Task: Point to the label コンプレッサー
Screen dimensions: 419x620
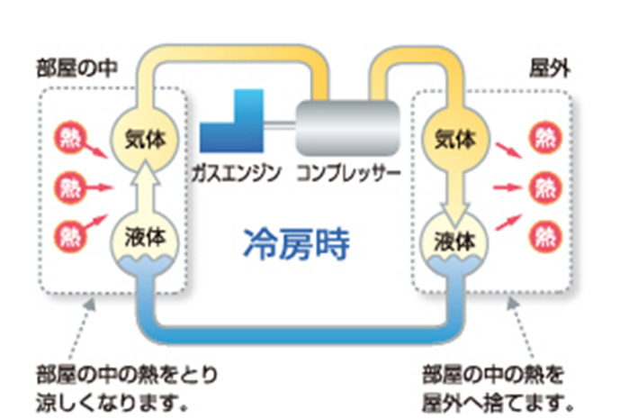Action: click(x=347, y=170)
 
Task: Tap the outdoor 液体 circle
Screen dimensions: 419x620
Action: click(x=454, y=241)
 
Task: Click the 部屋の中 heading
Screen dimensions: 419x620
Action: click(x=73, y=68)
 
